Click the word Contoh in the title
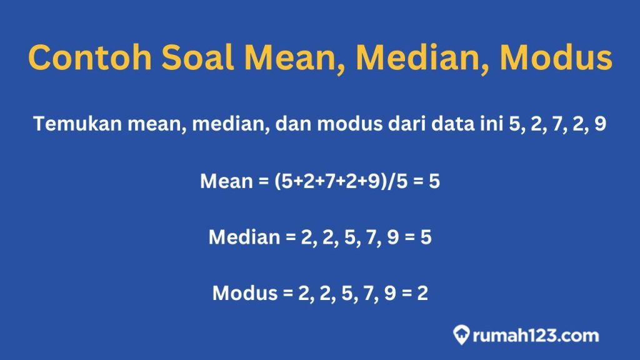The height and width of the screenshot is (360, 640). point(90,57)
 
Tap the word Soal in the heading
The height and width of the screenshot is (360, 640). point(197,57)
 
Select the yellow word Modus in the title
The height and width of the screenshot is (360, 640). point(556,57)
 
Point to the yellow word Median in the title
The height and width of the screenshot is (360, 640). point(422,57)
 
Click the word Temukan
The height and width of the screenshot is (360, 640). point(77,123)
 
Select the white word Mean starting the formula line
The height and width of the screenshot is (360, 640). point(226,181)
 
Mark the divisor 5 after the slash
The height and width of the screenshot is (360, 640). point(402,181)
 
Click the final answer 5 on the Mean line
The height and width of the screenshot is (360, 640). point(434,181)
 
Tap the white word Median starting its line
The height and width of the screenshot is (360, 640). point(244,237)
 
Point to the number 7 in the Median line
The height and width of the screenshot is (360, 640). point(371,237)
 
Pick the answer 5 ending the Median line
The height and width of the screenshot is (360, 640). point(426,237)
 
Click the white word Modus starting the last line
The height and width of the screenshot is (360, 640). point(245,293)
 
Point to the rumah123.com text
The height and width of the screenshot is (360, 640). point(536,336)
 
